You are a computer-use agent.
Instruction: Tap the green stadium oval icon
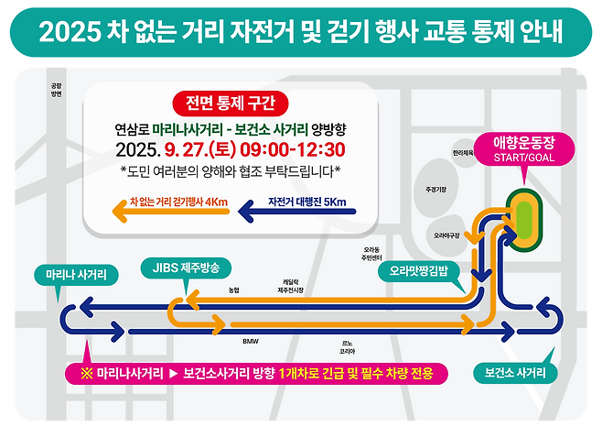coord(523,217)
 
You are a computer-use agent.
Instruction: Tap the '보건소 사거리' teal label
coord(514,373)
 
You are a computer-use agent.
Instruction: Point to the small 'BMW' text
coord(251,342)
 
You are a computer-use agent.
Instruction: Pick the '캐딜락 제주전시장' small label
coord(290,287)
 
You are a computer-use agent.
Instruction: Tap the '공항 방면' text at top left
coord(57,89)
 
